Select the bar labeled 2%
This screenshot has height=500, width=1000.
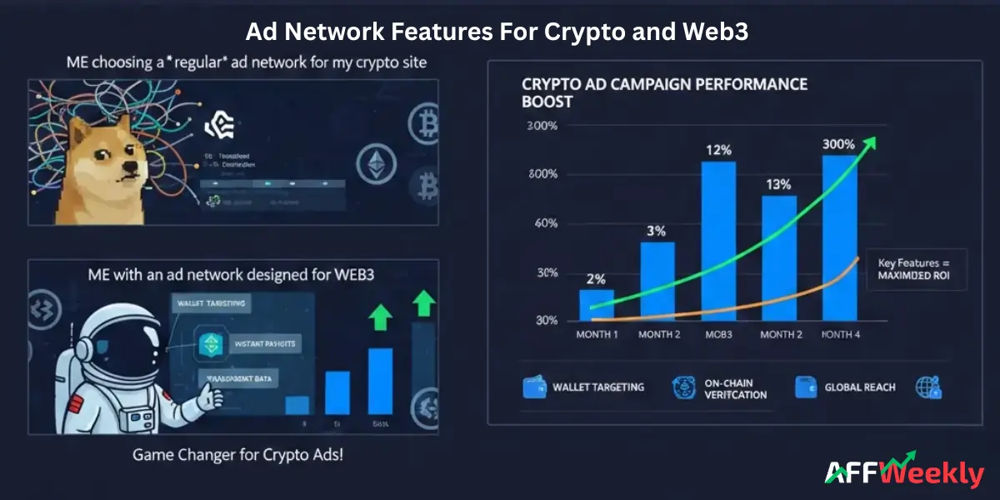click(x=597, y=305)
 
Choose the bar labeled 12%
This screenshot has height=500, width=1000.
click(x=718, y=241)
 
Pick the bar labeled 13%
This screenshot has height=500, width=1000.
click(x=779, y=257)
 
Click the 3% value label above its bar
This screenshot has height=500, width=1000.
click(x=657, y=231)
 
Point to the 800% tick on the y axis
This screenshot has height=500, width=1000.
click(x=541, y=174)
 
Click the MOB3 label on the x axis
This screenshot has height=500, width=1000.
click(x=719, y=334)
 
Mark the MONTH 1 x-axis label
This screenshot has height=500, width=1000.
click(x=596, y=334)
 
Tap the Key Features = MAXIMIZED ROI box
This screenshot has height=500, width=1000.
click(x=917, y=269)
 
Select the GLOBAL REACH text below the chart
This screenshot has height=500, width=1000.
click(x=859, y=387)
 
